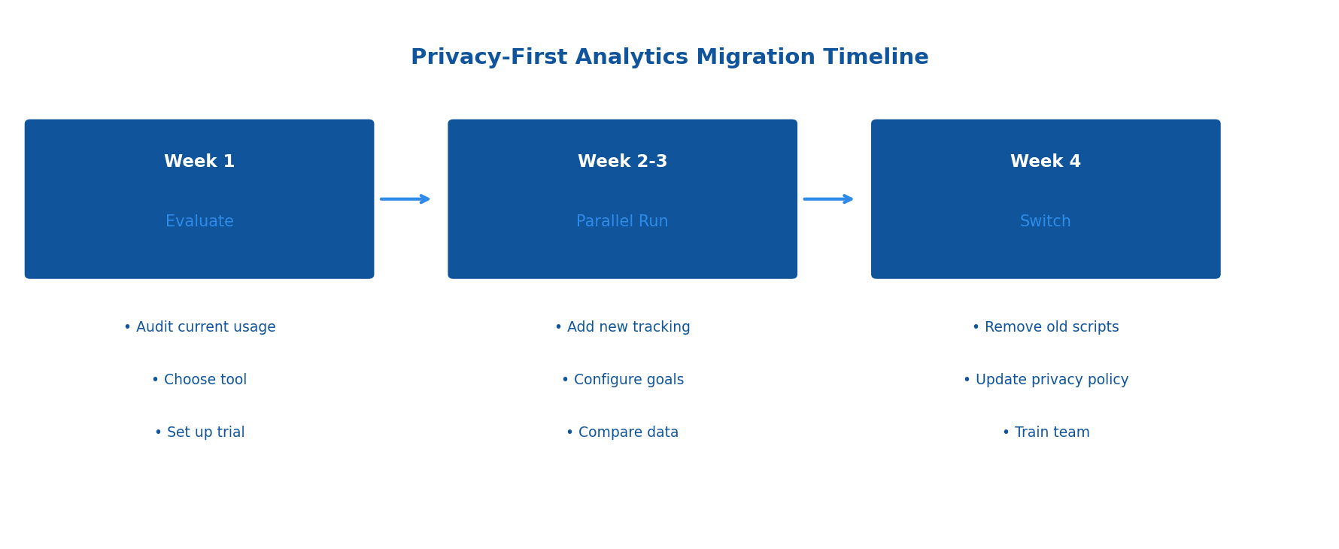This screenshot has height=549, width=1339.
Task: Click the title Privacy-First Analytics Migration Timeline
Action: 669,58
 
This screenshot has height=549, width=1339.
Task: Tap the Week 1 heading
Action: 199,162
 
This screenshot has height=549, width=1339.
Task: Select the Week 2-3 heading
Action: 622,162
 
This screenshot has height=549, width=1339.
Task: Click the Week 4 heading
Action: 1045,162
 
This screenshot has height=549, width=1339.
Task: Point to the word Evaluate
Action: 199,222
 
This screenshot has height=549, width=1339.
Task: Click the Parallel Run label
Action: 622,222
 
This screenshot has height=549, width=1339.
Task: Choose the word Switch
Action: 1045,222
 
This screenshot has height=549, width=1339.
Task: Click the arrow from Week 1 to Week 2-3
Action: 405,199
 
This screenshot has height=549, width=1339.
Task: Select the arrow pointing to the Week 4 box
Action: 828,199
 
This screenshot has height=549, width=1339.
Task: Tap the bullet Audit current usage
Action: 199,327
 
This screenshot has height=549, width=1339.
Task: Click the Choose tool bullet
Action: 199,380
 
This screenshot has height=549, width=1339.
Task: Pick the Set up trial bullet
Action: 199,432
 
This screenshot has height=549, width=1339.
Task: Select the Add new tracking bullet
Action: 622,327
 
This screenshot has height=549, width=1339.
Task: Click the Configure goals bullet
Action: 622,380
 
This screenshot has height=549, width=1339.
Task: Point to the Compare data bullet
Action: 622,432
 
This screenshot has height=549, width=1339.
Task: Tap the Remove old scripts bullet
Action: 1045,327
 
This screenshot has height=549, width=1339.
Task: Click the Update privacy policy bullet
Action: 1045,380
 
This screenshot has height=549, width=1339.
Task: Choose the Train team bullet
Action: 1045,432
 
